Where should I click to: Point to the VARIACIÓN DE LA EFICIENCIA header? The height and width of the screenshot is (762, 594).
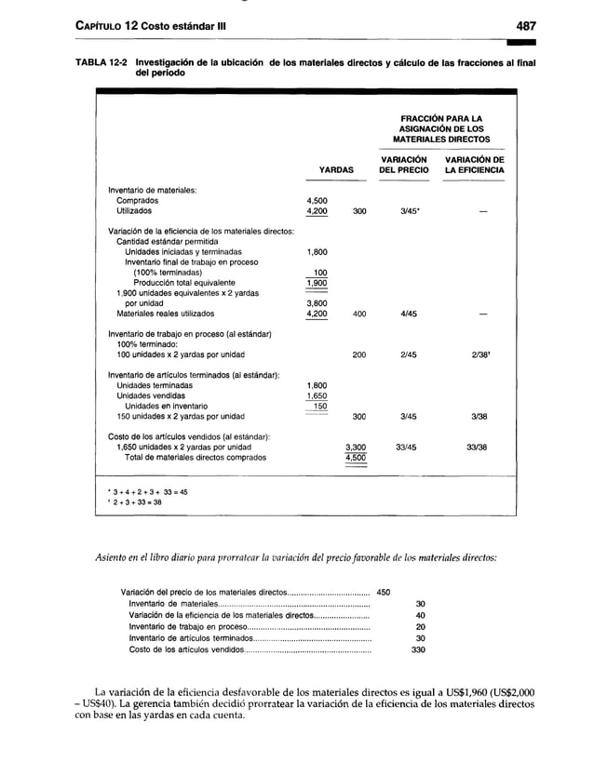[474, 165]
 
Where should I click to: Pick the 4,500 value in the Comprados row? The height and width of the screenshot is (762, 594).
[317, 200]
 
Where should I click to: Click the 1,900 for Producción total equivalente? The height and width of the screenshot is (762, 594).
[317, 283]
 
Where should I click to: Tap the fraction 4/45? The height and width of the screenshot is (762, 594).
[405, 314]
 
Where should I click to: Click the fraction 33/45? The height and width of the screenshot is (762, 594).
[405, 448]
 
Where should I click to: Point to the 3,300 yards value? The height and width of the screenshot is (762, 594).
[355, 448]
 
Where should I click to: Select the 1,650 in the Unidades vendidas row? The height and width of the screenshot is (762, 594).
[317, 395]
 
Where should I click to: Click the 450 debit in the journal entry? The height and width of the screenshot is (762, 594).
[383, 591]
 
